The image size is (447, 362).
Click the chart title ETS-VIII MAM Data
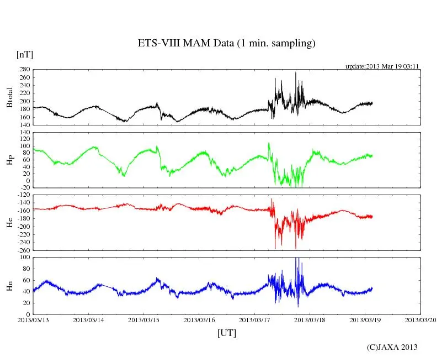click(226, 44)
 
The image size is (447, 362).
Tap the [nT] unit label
click(24, 54)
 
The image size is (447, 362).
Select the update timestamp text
click(382, 66)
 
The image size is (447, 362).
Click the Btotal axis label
click(9, 97)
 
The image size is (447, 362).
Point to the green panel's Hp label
click(9, 160)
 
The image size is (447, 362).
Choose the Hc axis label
click(9, 222)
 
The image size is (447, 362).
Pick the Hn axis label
click(9, 286)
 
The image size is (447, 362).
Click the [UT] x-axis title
click(227, 333)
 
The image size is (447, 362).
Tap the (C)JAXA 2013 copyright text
click(392, 347)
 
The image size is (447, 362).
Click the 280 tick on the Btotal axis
click(24, 70)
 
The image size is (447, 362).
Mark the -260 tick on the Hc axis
click(22, 250)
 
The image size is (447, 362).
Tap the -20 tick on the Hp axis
click(24, 187)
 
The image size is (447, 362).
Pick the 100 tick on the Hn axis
click(24, 258)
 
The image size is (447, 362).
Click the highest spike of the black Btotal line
click(295, 72)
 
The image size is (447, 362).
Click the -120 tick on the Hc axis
click(22, 195)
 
